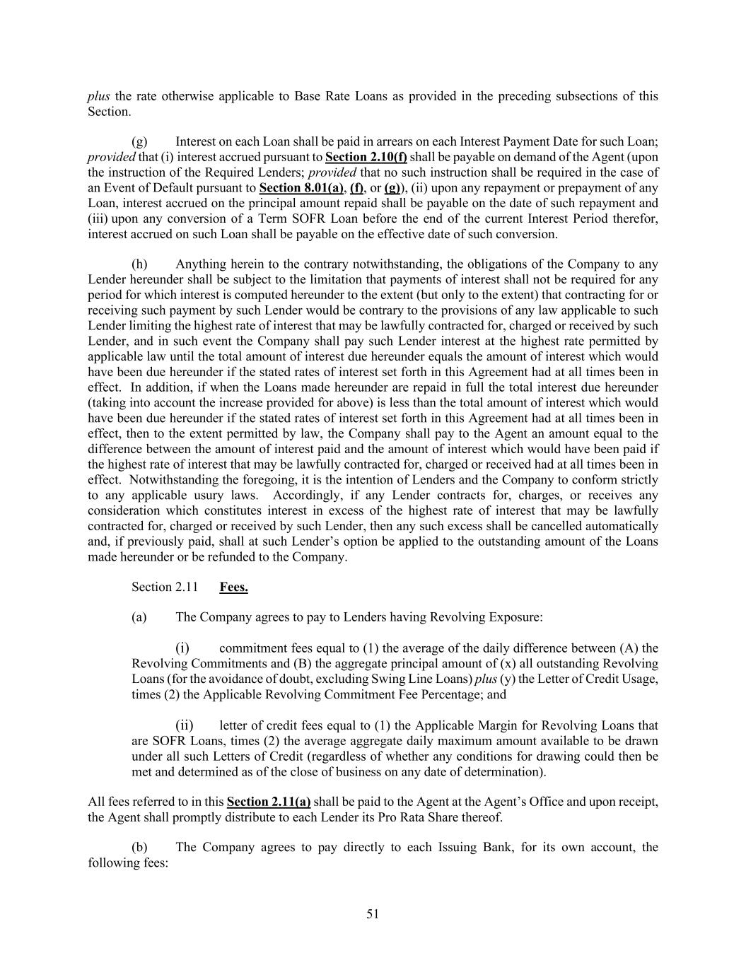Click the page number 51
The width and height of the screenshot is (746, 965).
(373, 914)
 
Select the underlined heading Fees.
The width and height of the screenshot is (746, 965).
(233, 587)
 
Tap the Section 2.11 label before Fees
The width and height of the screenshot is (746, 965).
(164, 587)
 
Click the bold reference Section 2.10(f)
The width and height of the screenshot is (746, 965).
(366, 157)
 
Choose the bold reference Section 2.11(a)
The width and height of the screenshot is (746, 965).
(269, 802)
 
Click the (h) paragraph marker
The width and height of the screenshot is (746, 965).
(139, 264)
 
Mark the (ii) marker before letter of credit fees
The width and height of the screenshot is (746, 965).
(184, 725)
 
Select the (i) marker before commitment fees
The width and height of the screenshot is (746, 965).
(182, 648)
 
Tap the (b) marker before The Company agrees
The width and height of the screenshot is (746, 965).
(139, 847)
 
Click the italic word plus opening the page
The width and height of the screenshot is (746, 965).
(98, 96)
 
